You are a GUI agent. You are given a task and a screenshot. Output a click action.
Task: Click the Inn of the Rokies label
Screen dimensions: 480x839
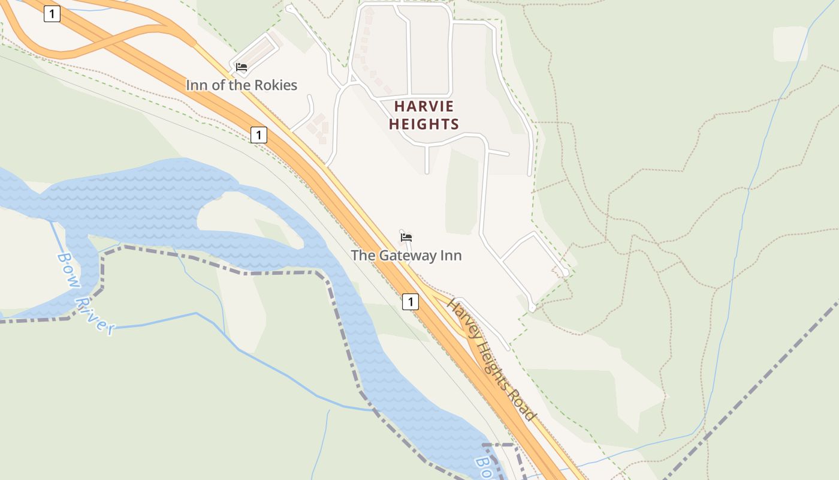[241, 85]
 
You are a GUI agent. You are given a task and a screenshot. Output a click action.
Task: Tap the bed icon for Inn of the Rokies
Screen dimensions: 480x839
[242, 67]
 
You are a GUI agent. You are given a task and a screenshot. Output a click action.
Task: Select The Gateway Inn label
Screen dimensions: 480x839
[406, 256]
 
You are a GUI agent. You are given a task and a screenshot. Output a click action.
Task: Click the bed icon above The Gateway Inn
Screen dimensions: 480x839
[406, 237]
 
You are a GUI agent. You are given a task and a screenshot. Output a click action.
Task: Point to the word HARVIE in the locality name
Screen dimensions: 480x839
[424, 107]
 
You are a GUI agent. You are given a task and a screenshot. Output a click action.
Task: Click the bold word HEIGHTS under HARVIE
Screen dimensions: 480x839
[424, 125]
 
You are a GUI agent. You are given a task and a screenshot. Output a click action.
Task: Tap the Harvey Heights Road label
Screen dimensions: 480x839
[490, 360]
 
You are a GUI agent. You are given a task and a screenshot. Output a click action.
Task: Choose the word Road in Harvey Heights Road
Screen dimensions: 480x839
[523, 406]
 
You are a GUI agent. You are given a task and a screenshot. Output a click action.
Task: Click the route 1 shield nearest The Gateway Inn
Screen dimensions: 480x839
[410, 302]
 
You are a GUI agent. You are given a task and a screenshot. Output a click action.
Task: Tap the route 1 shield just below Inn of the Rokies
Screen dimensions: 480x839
[258, 135]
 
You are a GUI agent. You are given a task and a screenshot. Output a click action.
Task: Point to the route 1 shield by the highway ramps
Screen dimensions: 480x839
[52, 14]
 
